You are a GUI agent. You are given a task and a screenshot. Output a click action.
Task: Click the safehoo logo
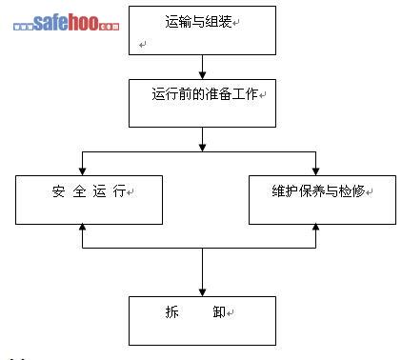pyautogui.click(x=67, y=23)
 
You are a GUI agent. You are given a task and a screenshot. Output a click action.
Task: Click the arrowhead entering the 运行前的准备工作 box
pyautogui.click(x=202, y=75)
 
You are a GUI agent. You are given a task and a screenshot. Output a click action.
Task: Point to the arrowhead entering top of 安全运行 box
pyautogui.click(x=83, y=171)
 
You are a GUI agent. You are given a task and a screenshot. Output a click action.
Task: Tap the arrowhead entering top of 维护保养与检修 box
pyautogui.click(x=315, y=171)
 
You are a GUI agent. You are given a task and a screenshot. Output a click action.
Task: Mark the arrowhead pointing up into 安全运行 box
pyautogui.click(x=83, y=228)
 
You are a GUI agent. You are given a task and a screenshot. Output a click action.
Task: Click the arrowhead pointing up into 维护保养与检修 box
pyautogui.click(x=315, y=228)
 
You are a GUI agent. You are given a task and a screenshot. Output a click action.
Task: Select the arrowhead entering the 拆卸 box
pyautogui.click(x=202, y=292)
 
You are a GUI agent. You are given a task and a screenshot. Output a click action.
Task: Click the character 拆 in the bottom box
pyautogui.click(x=171, y=311)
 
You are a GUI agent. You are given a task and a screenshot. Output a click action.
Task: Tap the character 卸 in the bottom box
pyautogui.click(x=219, y=311)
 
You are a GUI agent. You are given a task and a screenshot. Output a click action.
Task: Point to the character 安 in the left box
pyautogui.click(x=58, y=191)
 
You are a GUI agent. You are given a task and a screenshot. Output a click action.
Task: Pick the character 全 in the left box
pyautogui.click(x=79, y=191)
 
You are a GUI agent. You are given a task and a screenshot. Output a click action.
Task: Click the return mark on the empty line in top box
pyautogui.click(x=143, y=44)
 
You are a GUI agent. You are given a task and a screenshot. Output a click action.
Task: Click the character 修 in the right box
pyautogui.click(x=359, y=190)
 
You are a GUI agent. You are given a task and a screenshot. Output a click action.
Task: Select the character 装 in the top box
pyautogui.click(x=225, y=22)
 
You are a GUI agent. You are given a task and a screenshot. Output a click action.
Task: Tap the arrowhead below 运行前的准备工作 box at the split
pyautogui.click(x=202, y=148)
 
